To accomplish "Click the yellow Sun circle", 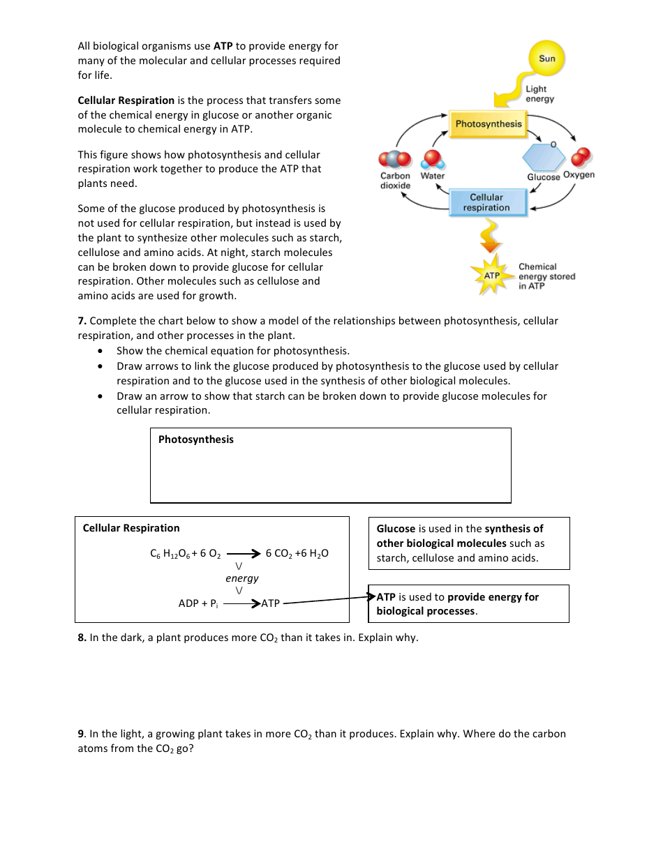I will pos(546,59).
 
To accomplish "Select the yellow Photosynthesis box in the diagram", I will pos(488,124).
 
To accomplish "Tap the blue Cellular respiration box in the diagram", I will pos(486,202).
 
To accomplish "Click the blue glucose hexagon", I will pos(544,157).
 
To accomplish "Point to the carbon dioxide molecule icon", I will pos(395,160).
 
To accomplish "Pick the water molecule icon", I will pos(433,159).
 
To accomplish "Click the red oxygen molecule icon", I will pos(580,158).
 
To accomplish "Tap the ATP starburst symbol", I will pos(492,276).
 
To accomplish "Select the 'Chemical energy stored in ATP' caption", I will pos(546,276).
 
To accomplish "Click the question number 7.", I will pos(82,322).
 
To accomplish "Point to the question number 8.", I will pos(82,638).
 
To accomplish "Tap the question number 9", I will pos(81,734).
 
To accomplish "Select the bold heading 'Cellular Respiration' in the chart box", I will pos(131,528).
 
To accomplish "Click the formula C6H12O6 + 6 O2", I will pos(185,554).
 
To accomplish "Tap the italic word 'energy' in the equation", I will pos(241,578).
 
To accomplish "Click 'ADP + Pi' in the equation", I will pos(198,603).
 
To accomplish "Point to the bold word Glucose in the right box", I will pos(396,529).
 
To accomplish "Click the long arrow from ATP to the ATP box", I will pos(325,600).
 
